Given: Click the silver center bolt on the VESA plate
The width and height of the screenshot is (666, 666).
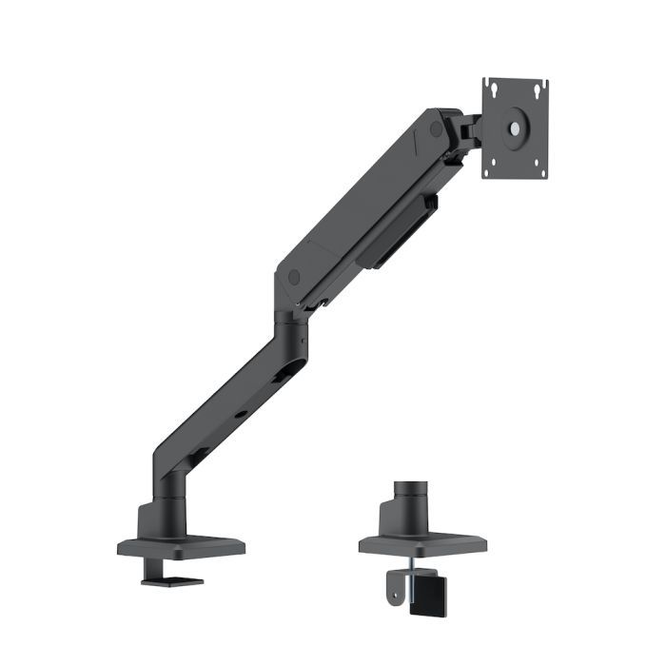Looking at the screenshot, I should pyautogui.click(x=516, y=127).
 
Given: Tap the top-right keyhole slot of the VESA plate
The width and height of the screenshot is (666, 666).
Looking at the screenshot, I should pyautogui.click(x=539, y=89).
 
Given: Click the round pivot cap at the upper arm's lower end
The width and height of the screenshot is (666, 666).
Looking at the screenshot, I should pyautogui.click(x=293, y=276).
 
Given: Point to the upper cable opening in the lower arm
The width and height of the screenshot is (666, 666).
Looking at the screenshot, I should pyautogui.click(x=281, y=378).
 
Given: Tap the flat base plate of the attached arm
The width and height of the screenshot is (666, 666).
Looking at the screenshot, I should pyautogui.click(x=181, y=547).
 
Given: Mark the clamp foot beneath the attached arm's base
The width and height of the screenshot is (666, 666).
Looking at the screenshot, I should pyautogui.click(x=172, y=578).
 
